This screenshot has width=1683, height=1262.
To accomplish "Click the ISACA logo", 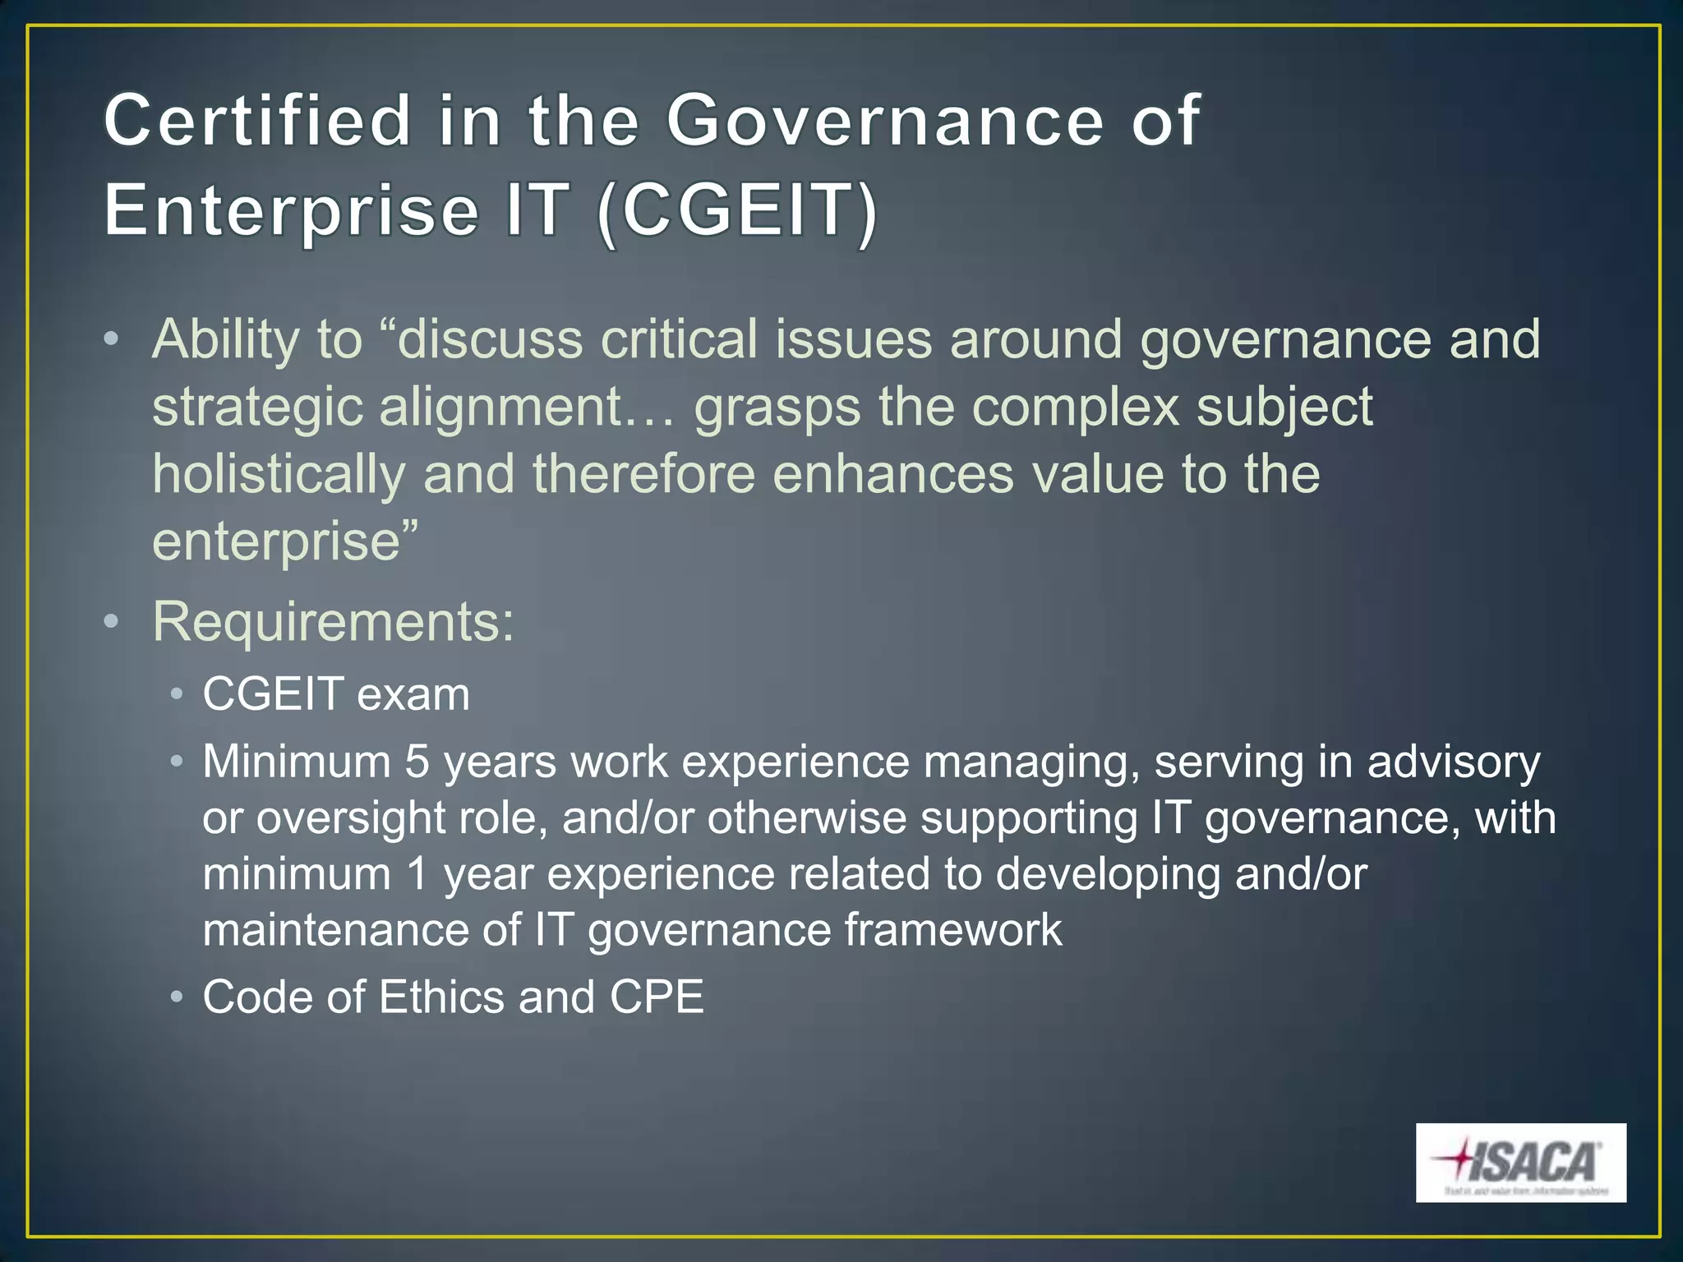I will [1520, 1163].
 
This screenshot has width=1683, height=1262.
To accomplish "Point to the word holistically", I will [279, 475].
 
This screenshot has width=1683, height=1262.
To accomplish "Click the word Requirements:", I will [334, 622].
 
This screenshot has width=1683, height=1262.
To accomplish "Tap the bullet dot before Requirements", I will [112, 622].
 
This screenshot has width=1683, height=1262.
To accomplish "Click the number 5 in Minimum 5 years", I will [417, 762].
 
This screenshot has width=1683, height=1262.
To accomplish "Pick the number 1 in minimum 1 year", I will [417, 873].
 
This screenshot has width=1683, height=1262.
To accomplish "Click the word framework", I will [953, 929].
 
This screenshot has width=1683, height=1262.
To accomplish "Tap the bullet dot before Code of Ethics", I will [176, 997].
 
